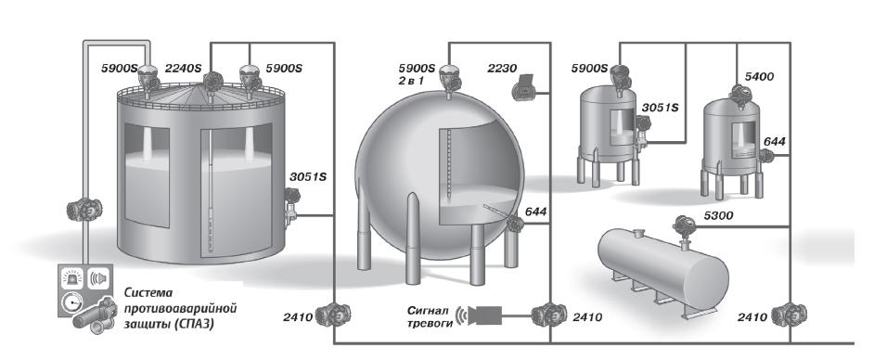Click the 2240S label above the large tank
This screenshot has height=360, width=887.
click(x=183, y=69)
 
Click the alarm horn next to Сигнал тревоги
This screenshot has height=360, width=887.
click(x=481, y=315)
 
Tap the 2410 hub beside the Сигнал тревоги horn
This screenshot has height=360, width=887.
click(x=548, y=315)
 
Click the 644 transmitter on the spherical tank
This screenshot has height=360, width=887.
click(x=515, y=224)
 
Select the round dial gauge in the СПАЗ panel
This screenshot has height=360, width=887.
click(x=71, y=302)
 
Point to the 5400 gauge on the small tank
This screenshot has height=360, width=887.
click(x=739, y=95)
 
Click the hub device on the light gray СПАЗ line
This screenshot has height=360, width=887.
click(x=84, y=210)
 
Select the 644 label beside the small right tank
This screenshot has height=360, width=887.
click(x=775, y=142)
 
